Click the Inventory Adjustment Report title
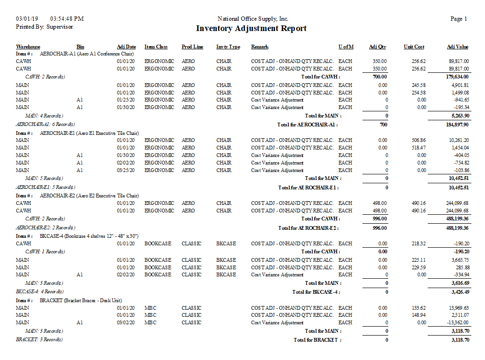[x=251, y=29]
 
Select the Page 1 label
[x=459, y=19]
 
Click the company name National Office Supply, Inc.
[x=253, y=19]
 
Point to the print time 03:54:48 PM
[x=67, y=19]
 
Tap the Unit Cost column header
[x=414, y=47]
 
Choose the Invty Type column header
[x=228, y=47]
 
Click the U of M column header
[x=346, y=47]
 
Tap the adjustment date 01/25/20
[x=126, y=100]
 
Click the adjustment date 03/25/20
[x=126, y=170]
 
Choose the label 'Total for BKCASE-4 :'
[x=316, y=292]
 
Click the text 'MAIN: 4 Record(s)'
[x=44, y=116]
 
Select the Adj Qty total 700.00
[x=380, y=77]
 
